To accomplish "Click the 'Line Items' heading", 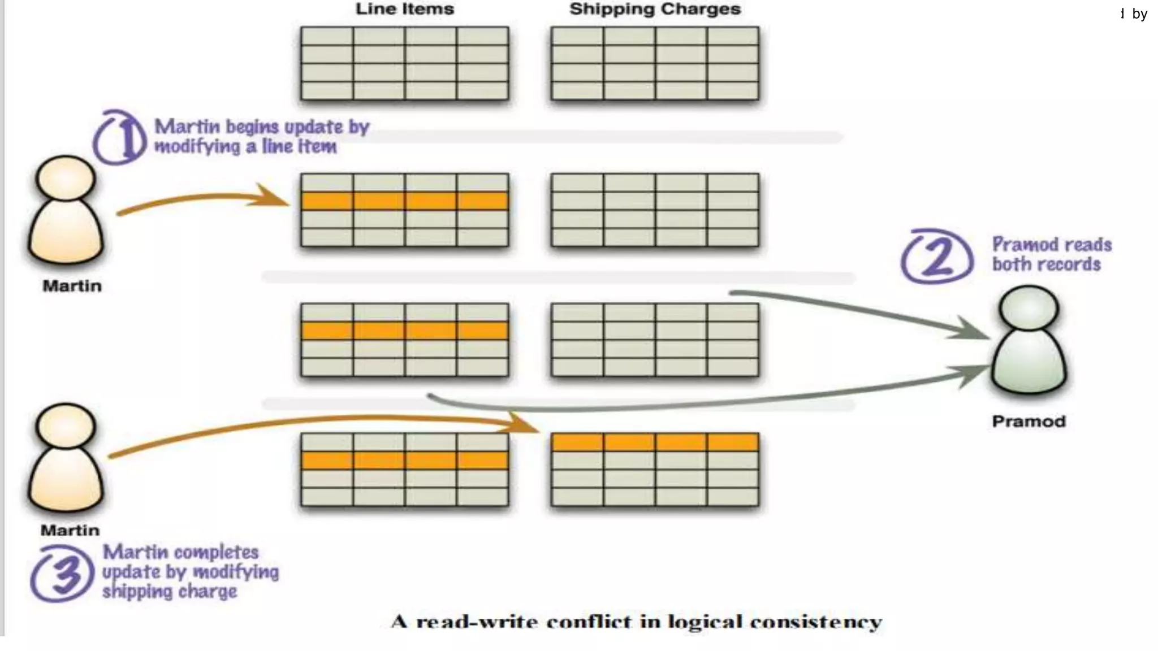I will (x=404, y=9).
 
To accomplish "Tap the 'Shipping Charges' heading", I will (x=655, y=9).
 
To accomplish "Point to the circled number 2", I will (x=937, y=256).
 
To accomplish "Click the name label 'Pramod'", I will (x=1029, y=422).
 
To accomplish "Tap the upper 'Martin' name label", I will (x=72, y=286).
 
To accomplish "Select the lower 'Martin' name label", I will (x=70, y=531).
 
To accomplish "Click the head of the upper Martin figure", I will (x=66, y=178).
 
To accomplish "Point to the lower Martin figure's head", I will (x=66, y=425).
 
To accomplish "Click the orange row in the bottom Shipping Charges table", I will (x=655, y=442).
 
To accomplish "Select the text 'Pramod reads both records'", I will (x=1051, y=254).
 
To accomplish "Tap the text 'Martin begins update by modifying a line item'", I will (x=262, y=136).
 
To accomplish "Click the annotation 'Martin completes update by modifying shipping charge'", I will (x=190, y=572).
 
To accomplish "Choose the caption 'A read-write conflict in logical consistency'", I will (x=636, y=622).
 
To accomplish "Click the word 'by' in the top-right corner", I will (x=1139, y=14).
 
